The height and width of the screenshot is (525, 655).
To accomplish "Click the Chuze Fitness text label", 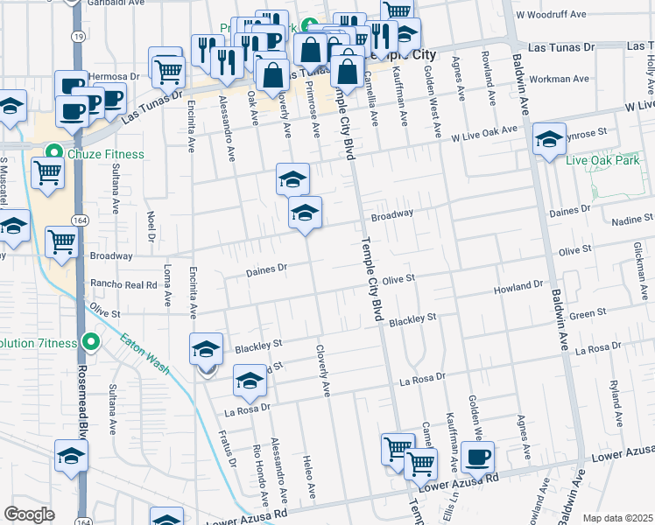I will (108, 155).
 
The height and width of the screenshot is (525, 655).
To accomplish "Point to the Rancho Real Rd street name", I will (123, 284).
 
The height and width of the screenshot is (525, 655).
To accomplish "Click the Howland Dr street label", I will (518, 286).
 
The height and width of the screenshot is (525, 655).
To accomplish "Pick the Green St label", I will (588, 313).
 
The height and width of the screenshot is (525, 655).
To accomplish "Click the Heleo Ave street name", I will (308, 472).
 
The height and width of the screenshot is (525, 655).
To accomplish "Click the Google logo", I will (29, 514).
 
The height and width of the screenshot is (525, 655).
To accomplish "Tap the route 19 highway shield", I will (79, 37).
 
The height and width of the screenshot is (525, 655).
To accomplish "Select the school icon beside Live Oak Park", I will (549, 139).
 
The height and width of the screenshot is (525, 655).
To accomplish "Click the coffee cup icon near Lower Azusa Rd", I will (477, 457).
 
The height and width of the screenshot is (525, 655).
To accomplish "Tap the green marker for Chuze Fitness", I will (53, 155).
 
